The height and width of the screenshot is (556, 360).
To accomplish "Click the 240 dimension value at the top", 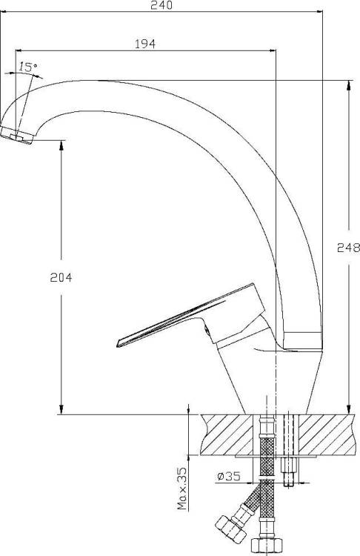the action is tap(161, 5).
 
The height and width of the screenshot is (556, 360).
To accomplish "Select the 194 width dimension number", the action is tap(145, 44).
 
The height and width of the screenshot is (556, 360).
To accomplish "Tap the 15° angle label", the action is tap(28, 67).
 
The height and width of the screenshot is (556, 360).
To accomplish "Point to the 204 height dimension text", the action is tap(61, 277).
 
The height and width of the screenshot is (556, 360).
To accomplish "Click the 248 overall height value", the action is tap(349, 247).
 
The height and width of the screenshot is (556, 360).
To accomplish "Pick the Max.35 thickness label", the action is tap(182, 489).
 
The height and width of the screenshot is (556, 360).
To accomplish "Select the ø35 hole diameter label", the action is tap(229, 477).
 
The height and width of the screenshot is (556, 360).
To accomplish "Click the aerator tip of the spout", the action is tap(16, 135).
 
